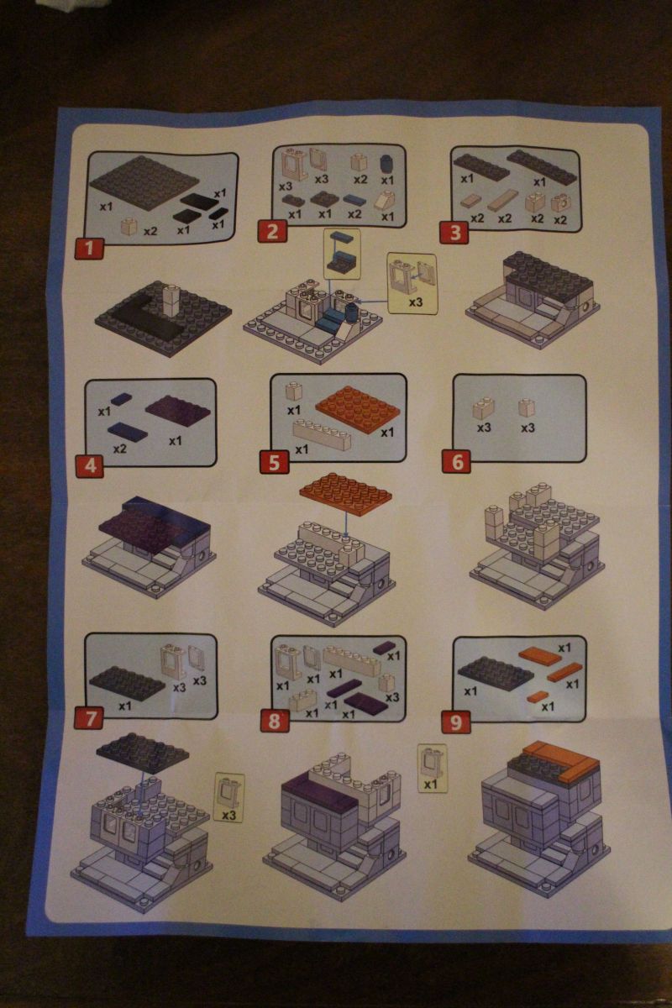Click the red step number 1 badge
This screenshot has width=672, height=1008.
pos(90,248)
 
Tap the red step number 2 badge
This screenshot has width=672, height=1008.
pos(272,232)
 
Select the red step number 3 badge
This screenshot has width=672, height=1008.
pos(454,233)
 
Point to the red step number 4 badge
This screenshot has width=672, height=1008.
pos(90,465)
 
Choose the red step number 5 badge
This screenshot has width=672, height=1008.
pos(274,462)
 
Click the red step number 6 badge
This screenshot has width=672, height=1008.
pos(456,462)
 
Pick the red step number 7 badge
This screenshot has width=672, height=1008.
pos(90,718)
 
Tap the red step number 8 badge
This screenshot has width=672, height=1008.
pos(275,722)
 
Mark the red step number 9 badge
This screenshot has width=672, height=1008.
pos(456,722)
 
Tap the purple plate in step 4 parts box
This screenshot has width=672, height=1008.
pos(178,411)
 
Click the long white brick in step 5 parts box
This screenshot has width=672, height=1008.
pos(322,436)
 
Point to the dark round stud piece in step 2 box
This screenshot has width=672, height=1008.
pos(386,165)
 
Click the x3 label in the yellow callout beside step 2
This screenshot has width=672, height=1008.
pos(416,302)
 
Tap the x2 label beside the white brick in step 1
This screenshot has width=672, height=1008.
pos(150,231)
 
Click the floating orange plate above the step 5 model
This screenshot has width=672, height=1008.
pos(346,492)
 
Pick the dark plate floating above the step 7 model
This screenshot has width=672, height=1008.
pos(143,753)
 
